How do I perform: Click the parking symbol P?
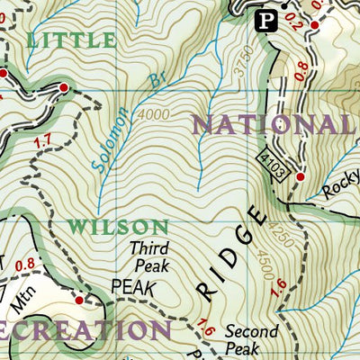[x=265, y=21]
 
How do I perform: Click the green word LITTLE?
[x=72, y=40]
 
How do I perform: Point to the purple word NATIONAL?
[x=274, y=123]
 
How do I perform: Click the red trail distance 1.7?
[x=40, y=140]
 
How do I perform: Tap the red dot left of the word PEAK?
[x=78, y=300]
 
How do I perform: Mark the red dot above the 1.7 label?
[x=64, y=86]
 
